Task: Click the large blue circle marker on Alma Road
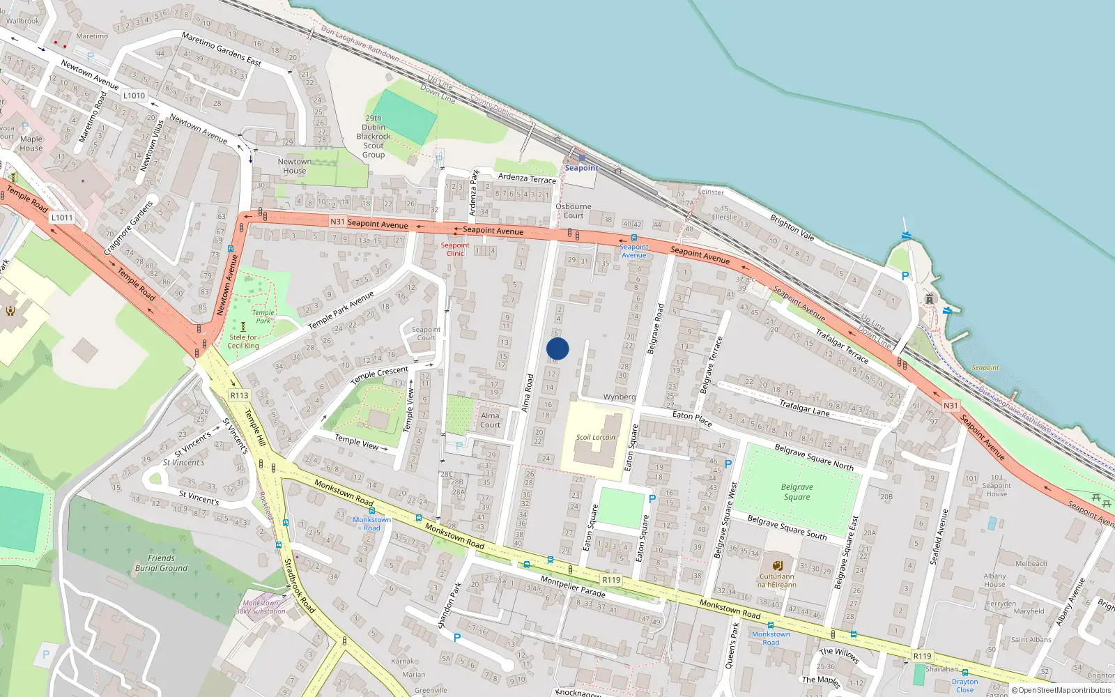[557, 348]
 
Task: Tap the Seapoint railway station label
[581, 168]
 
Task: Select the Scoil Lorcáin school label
[595, 438]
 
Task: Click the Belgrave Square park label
[797, 492]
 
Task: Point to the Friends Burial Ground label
[161, 563]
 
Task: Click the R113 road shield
[239, 395]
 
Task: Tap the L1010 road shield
[134, 95]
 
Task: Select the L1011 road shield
[61, 217]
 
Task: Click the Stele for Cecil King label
[243, 342]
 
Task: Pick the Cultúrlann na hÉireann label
[777, 581]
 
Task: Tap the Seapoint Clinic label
[455, 249]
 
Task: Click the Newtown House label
[295, 166]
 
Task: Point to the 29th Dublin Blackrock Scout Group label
[374, 137]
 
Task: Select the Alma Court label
[490, 420]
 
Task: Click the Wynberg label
[620, 397]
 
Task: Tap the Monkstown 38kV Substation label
[261, 607]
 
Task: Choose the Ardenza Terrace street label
[527, 178]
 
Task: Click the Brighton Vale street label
[792, 228]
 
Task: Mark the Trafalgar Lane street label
[804, 408]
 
